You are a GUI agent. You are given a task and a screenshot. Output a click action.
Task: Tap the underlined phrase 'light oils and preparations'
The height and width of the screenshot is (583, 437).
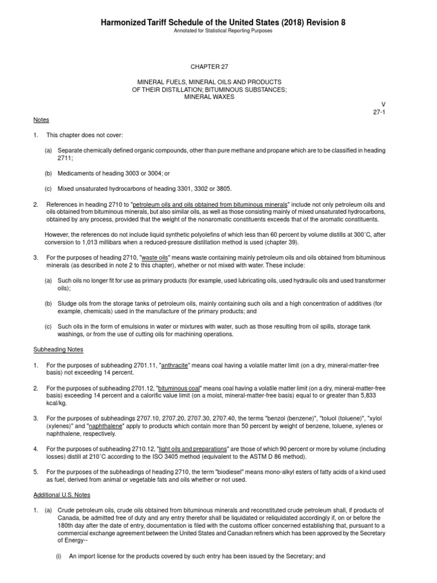tap(198, 448)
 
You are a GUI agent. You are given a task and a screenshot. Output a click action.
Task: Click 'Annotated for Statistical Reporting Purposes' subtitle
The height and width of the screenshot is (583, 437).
tap(218, 31)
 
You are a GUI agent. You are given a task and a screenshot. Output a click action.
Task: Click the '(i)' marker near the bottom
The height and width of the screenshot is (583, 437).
tap(59, 556)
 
